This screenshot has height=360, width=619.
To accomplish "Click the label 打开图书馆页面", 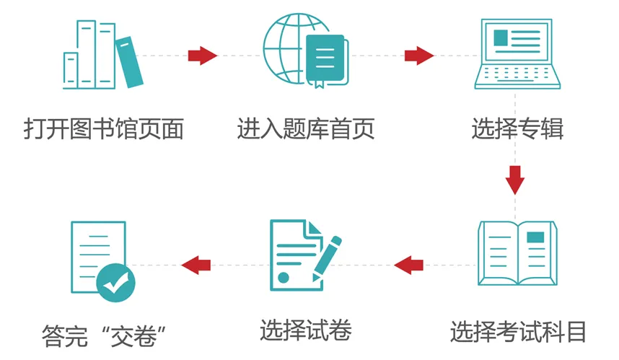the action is [x=103, y=130].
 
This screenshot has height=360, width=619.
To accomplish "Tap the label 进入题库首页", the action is [x=306, y=130].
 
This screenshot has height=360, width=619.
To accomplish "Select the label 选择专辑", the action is [x=517, y=130].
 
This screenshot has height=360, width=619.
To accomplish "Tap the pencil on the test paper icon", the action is [x=327, y=256].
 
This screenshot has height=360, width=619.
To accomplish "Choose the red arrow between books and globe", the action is [x=202, y=56].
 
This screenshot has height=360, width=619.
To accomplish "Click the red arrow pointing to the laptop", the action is [x=418, y=56].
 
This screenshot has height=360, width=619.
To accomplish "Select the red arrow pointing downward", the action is [x=514, y=180].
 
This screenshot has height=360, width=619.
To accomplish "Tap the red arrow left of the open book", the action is [x=408, y=265].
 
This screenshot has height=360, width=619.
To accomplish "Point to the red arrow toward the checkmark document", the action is [x=196, y=265].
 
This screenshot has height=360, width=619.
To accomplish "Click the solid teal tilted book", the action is [x=130, y=62].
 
